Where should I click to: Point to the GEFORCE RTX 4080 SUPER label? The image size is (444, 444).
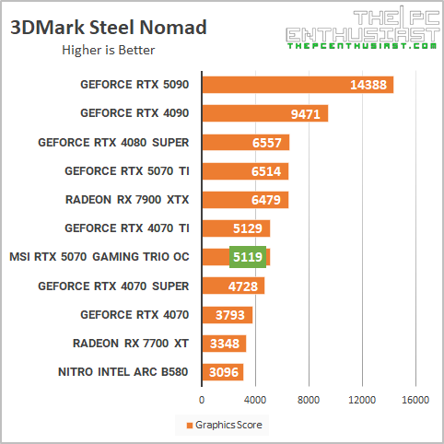pyautogui.click(x=113, y=143)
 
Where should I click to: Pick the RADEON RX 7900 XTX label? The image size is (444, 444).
pyautogui.click(x=127, y=200)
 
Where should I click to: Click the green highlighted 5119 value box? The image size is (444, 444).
pyautogui.click(x=247, y=257)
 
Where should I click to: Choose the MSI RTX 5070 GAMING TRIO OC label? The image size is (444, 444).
pyautogui.click(x=98, y=257)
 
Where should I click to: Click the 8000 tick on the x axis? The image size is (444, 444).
pyautogui.click(x=309, y=401)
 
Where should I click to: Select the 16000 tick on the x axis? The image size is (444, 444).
pyautogui.click(x=415, y=401)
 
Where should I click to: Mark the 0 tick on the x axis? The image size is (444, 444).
pyautogui.click(x=202, y=401)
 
